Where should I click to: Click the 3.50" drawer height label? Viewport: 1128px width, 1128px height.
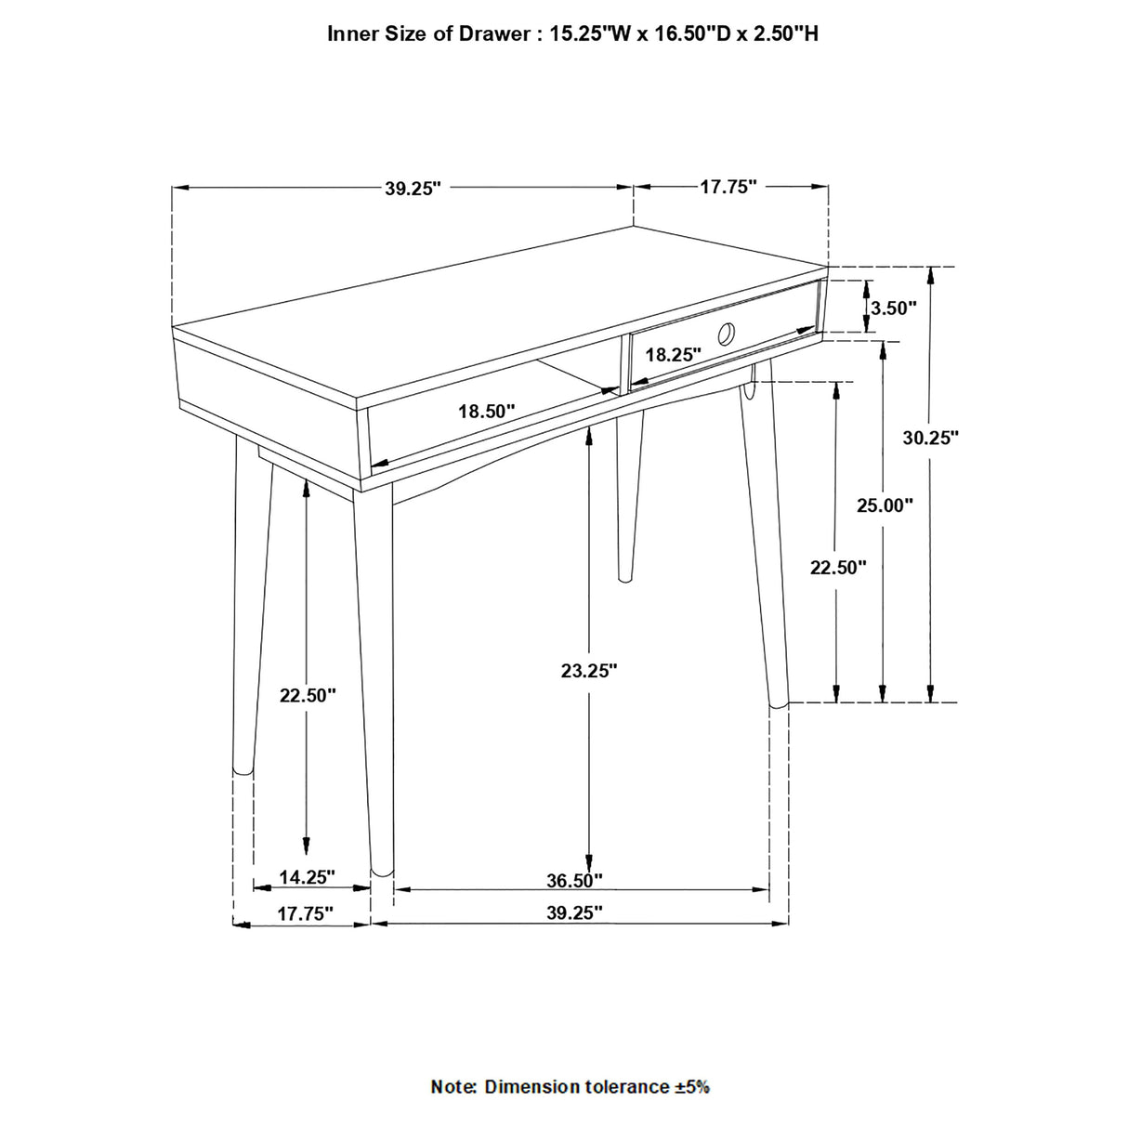point(894,308)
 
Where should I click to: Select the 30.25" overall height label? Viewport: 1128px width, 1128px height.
point(930,438)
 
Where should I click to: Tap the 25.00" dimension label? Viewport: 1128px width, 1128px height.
point(885,505)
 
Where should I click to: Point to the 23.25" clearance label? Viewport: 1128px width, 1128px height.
point(589,670)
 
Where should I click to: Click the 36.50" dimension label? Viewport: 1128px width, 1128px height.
point(574,879)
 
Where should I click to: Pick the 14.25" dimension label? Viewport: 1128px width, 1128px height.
point(307,876)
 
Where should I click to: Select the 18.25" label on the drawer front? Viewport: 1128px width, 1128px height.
point(673,354)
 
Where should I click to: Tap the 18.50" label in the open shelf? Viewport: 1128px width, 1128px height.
point(486,411)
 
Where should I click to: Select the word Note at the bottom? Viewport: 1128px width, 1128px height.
point(453,1086)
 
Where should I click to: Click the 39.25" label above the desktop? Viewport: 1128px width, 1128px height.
point(413,189)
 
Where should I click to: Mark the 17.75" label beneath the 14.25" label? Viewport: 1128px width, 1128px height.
point(305,913)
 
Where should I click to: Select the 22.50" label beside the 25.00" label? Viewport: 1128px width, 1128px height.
point(838,567)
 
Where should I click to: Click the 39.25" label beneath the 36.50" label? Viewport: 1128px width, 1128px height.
point(574,913)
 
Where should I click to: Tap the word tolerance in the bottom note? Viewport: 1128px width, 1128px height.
point(619,1086)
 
